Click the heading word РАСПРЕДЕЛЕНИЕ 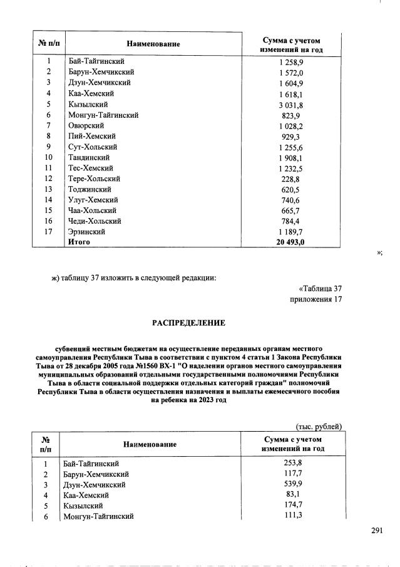point(188,323)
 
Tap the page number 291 point(376,530)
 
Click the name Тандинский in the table point(89,157)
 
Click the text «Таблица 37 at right point(320,289)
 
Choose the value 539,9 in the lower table point(293,484)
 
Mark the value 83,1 point(293,494)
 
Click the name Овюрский point(86,125)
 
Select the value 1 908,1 point(291,157)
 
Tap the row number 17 point(48,232)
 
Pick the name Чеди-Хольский point(95,221)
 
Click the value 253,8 point(293,463)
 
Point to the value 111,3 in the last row point(293,515)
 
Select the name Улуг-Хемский point(91,200)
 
